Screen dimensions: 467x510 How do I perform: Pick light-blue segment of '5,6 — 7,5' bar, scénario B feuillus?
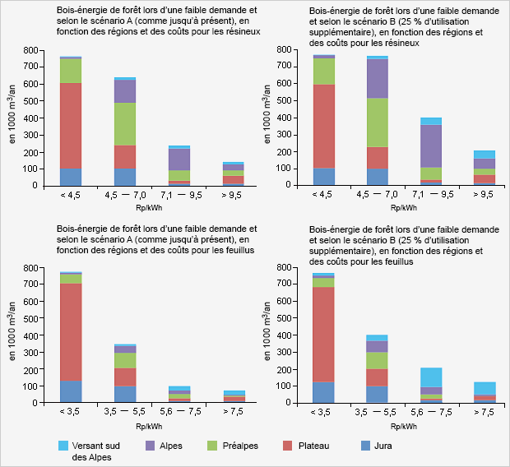pos(432,377)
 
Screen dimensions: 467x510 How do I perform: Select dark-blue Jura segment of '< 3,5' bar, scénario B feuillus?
pos(323,392)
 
